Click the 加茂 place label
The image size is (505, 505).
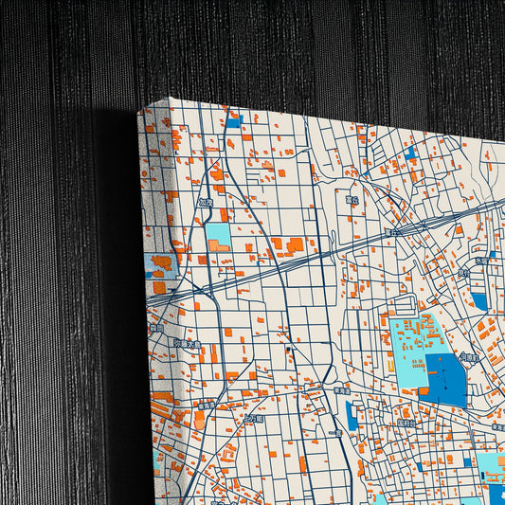click(206, 202)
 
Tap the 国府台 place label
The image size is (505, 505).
click(408, 423)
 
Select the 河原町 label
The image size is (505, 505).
click(468, 357)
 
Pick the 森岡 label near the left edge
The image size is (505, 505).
click(156, 328)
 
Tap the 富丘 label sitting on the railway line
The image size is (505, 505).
click(392, 231)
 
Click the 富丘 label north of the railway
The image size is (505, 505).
click(352, 201)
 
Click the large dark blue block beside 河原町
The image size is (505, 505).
click(445, 377)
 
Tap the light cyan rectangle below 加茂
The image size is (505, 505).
click(217, 237)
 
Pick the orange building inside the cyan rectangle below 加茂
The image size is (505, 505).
click(220, 246)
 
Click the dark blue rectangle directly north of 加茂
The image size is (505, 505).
click(233, 121)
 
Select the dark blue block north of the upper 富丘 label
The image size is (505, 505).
click(410, 152)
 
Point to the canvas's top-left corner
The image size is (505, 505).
click(140, 111)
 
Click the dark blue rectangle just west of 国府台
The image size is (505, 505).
click(352, 415)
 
